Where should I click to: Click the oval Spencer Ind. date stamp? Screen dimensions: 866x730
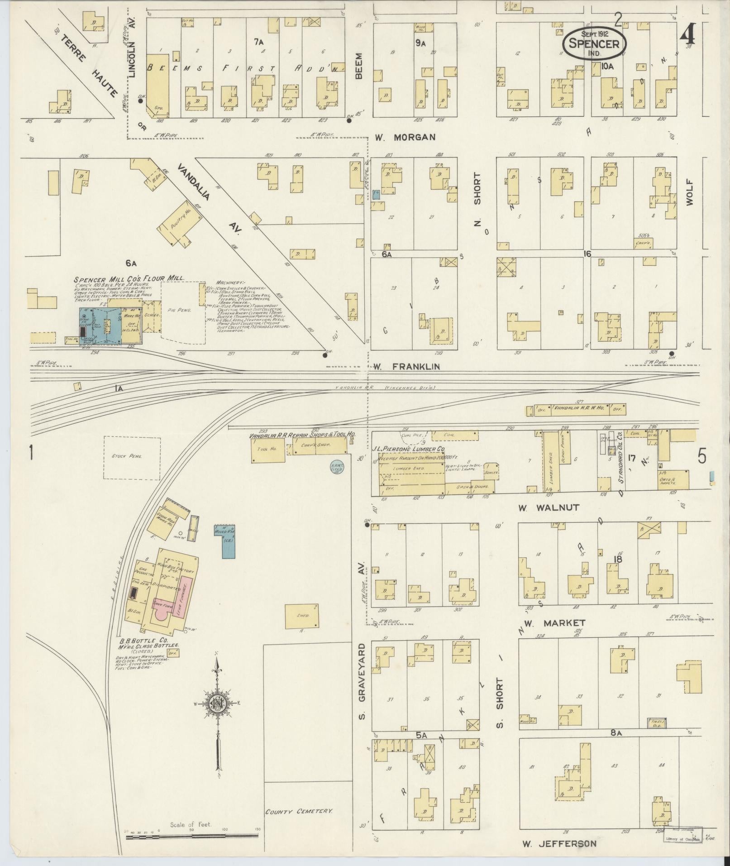594,44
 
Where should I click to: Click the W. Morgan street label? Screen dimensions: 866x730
405,137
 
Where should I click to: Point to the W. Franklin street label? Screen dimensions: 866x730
406,367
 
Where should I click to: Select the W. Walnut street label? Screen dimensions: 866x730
549,507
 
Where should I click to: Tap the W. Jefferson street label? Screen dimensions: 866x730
559,844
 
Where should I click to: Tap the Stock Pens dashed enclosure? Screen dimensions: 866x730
132,457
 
